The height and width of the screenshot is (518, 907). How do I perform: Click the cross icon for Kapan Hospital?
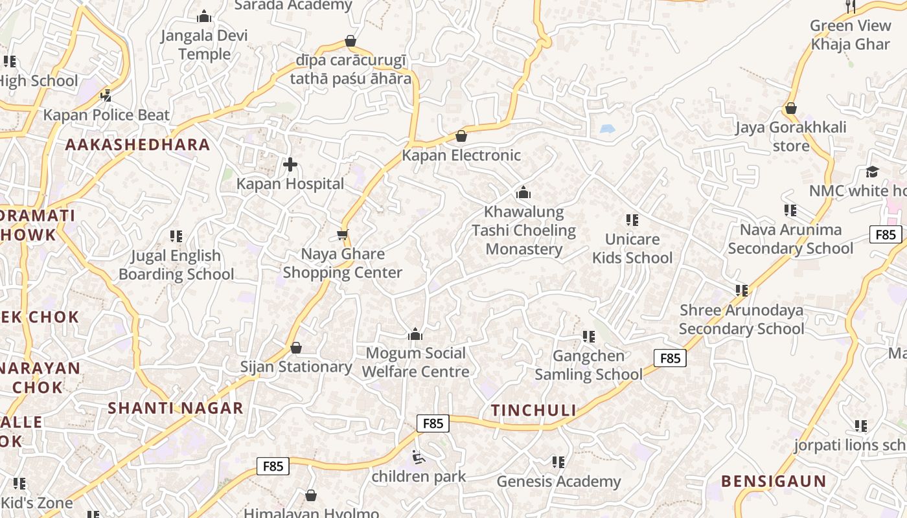tap(290, 164)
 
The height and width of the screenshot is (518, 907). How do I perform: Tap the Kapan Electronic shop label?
tap(461, 155)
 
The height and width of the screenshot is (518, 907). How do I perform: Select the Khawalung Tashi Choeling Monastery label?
tap(523, 231)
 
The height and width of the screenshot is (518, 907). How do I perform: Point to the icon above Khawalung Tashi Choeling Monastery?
tap(523, 192)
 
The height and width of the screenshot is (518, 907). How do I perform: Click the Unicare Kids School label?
tap(632, 249)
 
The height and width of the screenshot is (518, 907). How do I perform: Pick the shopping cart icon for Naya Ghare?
tap(343, 234)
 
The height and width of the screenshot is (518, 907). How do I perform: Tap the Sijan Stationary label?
tap(296, 366)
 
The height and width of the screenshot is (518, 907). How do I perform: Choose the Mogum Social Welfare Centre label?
tap(415, 363)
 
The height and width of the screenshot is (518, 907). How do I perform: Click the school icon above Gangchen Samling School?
tap(588, 336)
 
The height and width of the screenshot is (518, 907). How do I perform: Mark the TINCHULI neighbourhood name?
tap(533, 410)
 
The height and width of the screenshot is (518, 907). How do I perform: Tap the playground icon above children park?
tap(419, 458)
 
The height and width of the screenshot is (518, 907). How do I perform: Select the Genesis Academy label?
tap(558, 482)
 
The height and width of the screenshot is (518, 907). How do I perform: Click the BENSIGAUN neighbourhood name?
tap(774, 481)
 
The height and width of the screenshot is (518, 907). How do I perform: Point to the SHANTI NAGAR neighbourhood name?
tap(176, 408)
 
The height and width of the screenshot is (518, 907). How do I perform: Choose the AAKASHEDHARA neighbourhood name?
tap(138, 144)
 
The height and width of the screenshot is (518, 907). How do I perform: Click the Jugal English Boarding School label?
tap(176, 265)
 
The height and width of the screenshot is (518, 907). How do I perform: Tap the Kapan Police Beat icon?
tap(106, 96)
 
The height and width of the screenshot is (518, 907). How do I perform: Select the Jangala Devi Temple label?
tap(204, 44)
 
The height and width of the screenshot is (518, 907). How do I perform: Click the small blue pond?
tap(607, 129)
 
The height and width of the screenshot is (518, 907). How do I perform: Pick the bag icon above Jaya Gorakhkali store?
tap(790, 108)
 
